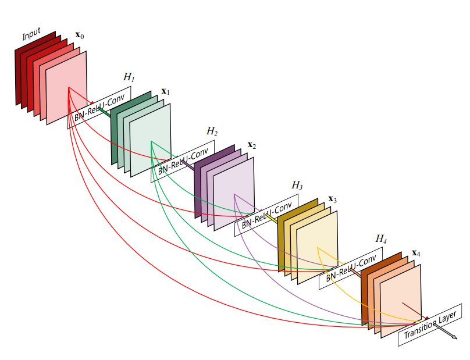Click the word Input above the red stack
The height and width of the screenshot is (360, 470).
[x=32, y=35]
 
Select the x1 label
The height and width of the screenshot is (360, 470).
[x=165, y=91]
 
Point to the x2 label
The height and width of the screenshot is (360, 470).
[x=252, y=144]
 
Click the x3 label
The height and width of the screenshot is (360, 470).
[x=332, y=199]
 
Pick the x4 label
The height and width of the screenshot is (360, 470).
[x=416, y=253]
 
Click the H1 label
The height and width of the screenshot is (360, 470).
[x=129, y=77]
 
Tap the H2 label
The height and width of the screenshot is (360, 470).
[x=212, y=131]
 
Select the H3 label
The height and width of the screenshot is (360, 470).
[x=297, y=186]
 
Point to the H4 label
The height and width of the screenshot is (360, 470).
[x=381, y=238]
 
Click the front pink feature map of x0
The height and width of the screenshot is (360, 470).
[x=66, y=87]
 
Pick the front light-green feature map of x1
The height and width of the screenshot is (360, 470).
[x=151, y=140]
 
